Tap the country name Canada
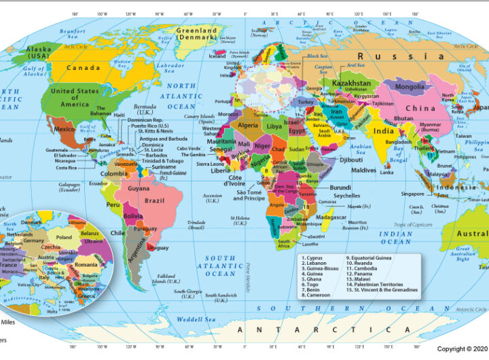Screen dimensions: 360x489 coord(83,67)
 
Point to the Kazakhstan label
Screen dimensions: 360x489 coord(351,83)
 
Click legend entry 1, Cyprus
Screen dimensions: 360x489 coord(314,258)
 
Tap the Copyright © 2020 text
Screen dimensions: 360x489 coord(462,348)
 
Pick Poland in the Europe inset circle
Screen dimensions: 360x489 coord(64,237)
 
